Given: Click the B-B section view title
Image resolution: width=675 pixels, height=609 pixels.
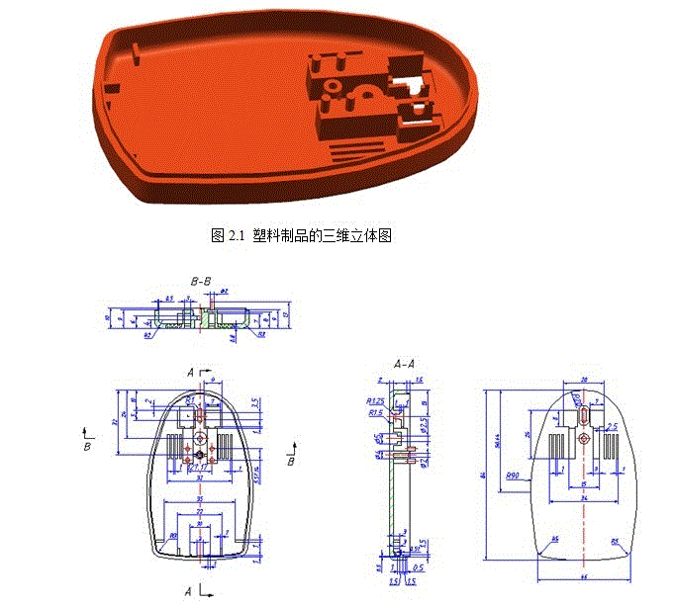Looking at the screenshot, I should pyautogui.click(x=201, y=282).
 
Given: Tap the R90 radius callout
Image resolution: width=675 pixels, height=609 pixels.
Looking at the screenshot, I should pyautogui.click(x=513, y=476).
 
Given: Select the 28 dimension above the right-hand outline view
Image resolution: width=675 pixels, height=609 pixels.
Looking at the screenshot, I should pyautogui.click(x=583, y=379).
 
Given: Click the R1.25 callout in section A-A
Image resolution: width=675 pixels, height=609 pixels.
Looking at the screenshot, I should pyautogui.click(x=375, y=401).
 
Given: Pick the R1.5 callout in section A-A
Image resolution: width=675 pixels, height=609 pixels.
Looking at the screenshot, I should pyautogui.click(x=375, y=413).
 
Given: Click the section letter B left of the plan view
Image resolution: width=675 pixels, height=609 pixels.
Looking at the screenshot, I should pyautogui.click(x=88, y=446).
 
